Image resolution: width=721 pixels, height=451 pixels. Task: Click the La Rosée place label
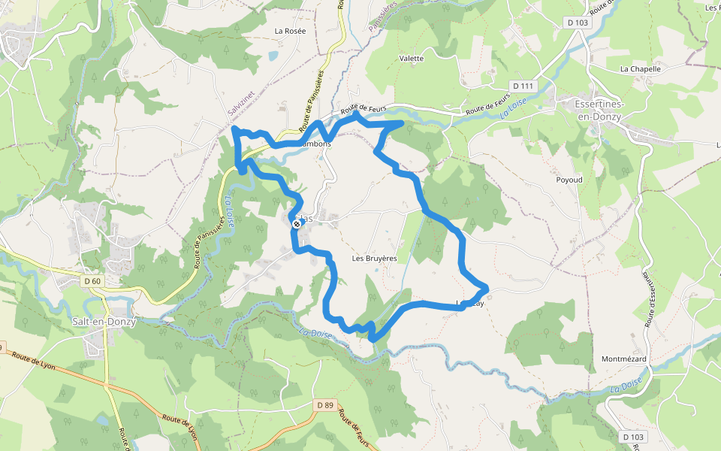290,32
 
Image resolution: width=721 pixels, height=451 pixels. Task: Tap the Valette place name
412,59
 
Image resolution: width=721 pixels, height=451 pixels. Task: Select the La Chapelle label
640,68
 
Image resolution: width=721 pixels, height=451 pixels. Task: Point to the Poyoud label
569,180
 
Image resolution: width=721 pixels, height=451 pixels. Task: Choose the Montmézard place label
623,359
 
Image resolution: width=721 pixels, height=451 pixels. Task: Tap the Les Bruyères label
374,259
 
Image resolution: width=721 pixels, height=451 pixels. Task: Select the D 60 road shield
92,281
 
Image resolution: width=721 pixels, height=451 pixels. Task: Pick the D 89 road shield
324,405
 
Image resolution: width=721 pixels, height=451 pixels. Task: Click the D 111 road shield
523,86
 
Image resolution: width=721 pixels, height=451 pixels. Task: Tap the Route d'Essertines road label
650,301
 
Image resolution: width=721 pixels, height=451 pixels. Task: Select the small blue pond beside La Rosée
272,56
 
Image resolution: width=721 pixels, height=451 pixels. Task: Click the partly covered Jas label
308,219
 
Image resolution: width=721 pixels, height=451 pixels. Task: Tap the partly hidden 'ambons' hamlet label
317,144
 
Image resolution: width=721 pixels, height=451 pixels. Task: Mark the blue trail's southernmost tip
373,341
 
